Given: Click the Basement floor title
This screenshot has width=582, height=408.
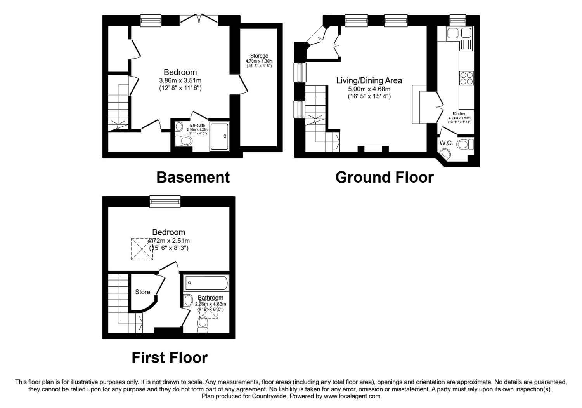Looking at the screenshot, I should pos(193,177).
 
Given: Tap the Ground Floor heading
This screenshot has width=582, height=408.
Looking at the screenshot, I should pos(384,177).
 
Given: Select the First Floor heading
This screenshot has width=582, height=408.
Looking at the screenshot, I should pos(170,357).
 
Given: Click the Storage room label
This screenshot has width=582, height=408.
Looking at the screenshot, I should pos(259,56).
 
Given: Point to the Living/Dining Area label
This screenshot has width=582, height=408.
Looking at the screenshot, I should pos(369,81).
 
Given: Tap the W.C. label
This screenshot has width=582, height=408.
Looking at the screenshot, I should pos(446,143).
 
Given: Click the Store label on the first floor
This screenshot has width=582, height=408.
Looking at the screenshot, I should pos(142,292).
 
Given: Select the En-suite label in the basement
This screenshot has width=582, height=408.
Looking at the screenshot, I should pos(197,125).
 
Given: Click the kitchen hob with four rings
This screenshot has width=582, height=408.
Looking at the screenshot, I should pos(466,78).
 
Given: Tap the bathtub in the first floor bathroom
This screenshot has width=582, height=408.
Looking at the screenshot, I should pos(206,283).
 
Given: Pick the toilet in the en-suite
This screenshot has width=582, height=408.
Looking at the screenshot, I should pos(184,140).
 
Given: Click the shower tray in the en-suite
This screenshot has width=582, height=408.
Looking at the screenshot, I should pos(219,136).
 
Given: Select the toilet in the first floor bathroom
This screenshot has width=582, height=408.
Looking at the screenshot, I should pos(202,324).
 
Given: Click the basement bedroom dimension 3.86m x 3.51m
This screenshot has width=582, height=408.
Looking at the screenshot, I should pos(180,80).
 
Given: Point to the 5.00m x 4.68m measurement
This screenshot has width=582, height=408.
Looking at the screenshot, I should pos(369,89).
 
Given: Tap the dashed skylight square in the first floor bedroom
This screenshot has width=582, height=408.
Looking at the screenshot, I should pos(142,249).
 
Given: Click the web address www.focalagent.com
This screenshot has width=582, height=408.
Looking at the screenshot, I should pos(352,396).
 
